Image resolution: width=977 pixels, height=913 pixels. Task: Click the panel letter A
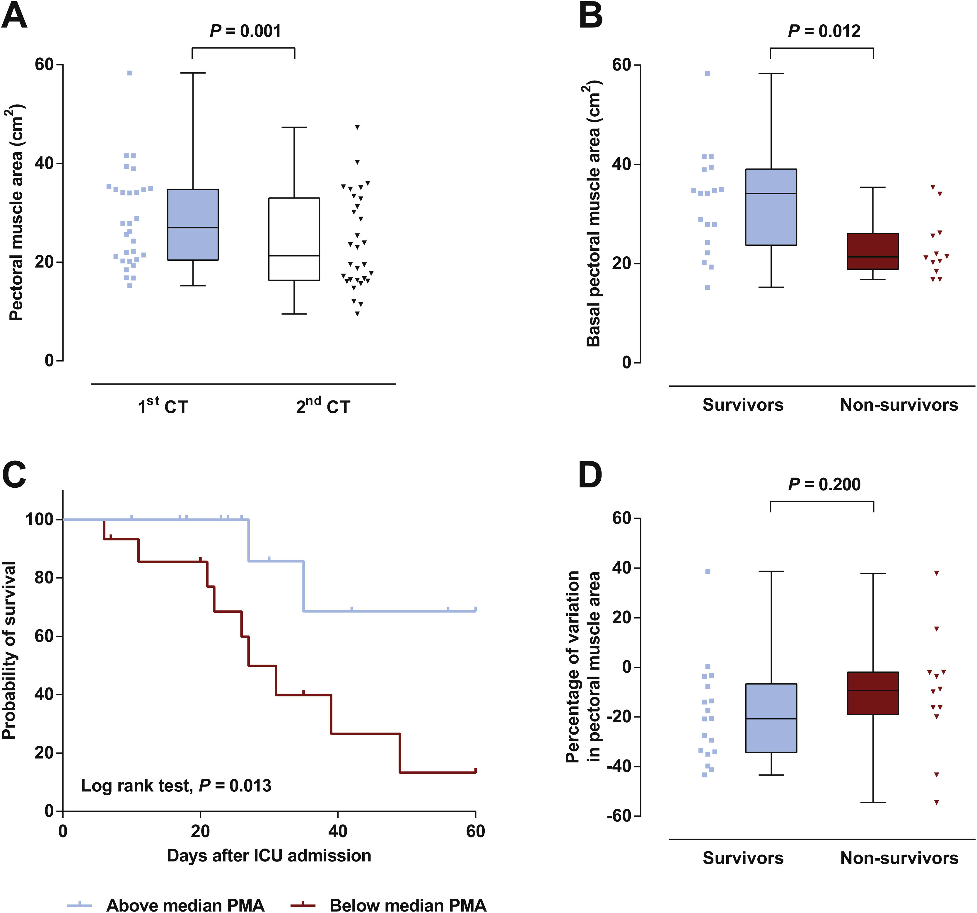(x=15, y=16)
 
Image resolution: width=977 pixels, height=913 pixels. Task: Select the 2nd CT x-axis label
(x=323, y=406)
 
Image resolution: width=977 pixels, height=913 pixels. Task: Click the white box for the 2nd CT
(x=294, y=239)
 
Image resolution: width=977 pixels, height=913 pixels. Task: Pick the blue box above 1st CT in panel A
(x=193, y=224)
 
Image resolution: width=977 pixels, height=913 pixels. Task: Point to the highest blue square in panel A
(x=130, y=73)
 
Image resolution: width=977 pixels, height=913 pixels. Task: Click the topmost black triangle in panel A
(x=357, y=127)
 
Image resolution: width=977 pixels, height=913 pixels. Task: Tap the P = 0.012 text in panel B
(x=824, y=31)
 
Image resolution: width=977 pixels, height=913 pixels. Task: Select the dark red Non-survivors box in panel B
(x=873, y=251)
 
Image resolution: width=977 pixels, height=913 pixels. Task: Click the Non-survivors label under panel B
(x=899, y=405)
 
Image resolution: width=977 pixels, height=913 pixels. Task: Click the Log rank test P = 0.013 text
(x=176, y=786)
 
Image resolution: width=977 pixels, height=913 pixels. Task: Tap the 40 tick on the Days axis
(x=338, y=831)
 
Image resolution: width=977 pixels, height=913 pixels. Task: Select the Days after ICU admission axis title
(x=269, y=856)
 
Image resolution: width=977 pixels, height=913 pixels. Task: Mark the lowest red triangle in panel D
(x=936, y=802)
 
